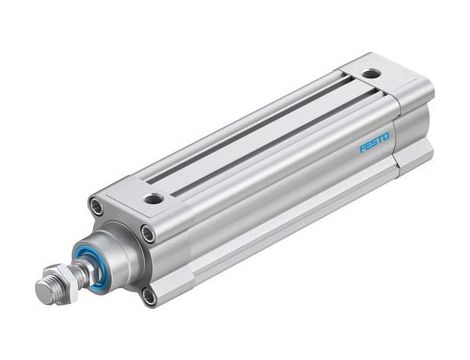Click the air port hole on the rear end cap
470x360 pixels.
[x=371, y=74]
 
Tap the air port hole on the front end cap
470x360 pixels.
[x=153, y=198]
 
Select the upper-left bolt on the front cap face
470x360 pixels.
[x=97, y=207]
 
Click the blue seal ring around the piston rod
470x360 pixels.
[x=97, y=262]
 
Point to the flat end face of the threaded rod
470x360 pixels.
[x=42, y=292]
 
